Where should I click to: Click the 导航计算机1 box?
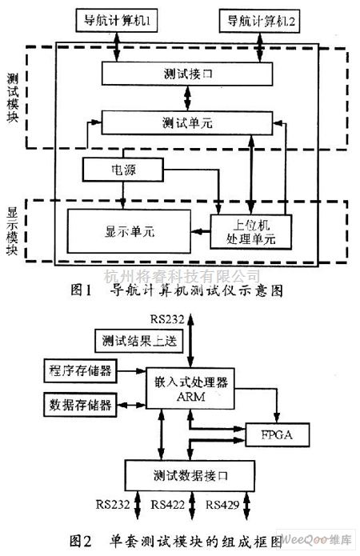118,19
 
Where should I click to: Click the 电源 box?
122,170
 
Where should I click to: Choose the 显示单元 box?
129,230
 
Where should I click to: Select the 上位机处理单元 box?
251,231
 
